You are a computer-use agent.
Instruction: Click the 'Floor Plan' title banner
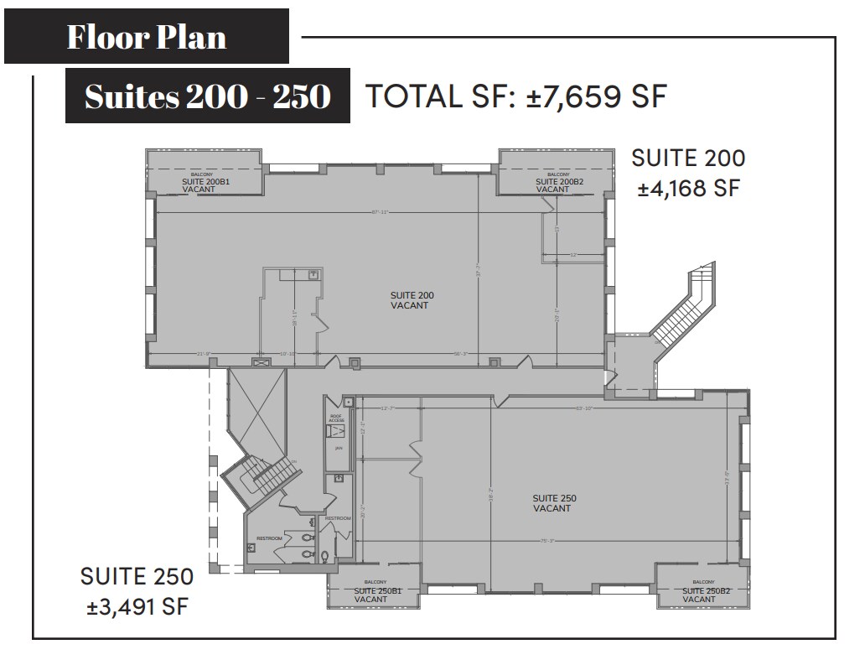147,37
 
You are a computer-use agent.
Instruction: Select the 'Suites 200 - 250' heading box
207,96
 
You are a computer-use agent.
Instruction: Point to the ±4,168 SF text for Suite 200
688,188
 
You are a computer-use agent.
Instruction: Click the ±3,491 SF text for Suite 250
137,605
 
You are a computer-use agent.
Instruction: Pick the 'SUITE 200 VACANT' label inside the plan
411,300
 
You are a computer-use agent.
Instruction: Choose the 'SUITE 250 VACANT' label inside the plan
553,503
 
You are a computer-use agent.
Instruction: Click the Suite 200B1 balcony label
200,184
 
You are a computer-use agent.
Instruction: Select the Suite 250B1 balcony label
374,595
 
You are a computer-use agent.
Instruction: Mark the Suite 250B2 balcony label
702,595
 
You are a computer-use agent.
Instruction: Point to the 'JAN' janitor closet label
339,449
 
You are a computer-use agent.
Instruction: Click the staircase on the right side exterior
684,310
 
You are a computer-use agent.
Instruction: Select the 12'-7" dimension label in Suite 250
386,408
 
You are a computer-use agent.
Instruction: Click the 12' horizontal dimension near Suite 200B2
573,254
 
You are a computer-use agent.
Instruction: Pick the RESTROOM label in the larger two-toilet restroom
269,538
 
